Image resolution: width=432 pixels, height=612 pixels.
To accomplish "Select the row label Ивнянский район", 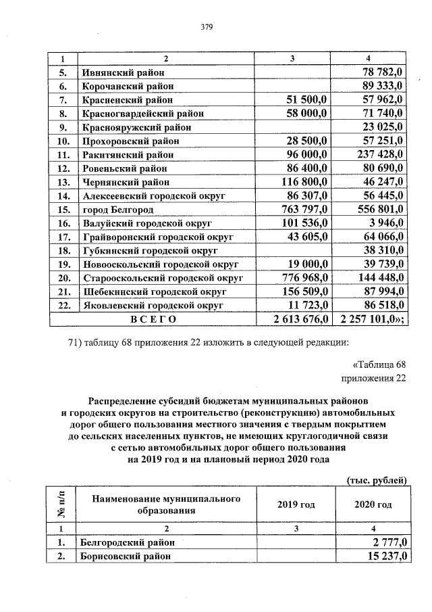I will click(122, 72).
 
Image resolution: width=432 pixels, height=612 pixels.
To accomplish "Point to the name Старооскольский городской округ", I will click(162, 278).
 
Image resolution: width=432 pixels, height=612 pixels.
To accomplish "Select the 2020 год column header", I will click(373, 505).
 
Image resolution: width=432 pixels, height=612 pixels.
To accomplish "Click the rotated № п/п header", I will click(61, 504).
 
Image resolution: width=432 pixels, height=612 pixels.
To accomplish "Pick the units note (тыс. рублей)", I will click(375, 480).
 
